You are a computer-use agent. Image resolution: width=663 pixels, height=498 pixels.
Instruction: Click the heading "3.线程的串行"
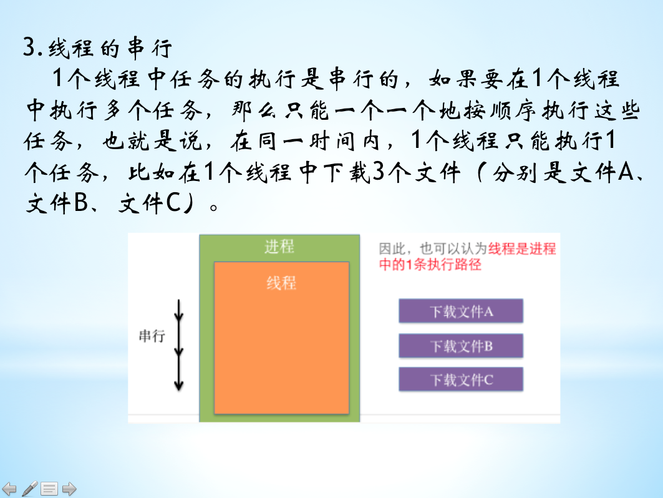98,47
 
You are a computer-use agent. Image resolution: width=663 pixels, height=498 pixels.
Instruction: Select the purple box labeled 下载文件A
461,311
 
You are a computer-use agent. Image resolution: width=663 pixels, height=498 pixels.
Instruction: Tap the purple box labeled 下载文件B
461,346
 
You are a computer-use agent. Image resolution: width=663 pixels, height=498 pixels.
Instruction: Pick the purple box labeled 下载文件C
461,379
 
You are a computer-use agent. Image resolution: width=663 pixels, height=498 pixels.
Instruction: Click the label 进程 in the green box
279,247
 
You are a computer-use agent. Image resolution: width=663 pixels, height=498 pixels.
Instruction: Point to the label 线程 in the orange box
281,283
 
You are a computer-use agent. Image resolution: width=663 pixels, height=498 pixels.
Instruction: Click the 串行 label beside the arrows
152,336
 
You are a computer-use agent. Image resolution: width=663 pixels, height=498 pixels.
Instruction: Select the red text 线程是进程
522,249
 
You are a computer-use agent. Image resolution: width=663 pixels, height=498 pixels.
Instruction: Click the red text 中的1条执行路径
430,265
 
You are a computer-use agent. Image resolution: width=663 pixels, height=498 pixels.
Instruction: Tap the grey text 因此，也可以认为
433,249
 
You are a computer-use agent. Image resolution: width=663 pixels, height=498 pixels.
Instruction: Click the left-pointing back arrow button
9,489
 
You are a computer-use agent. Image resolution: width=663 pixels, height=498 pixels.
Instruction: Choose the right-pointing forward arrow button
69,489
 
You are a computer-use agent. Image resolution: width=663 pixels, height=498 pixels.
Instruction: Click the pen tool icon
29,489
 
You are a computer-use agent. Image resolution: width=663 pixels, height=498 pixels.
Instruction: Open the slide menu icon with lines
49,489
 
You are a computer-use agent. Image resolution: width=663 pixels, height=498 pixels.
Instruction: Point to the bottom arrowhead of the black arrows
179,385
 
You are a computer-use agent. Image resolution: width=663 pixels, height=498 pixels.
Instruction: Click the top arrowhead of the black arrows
179,316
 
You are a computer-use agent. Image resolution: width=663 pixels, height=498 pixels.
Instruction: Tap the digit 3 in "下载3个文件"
379,172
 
